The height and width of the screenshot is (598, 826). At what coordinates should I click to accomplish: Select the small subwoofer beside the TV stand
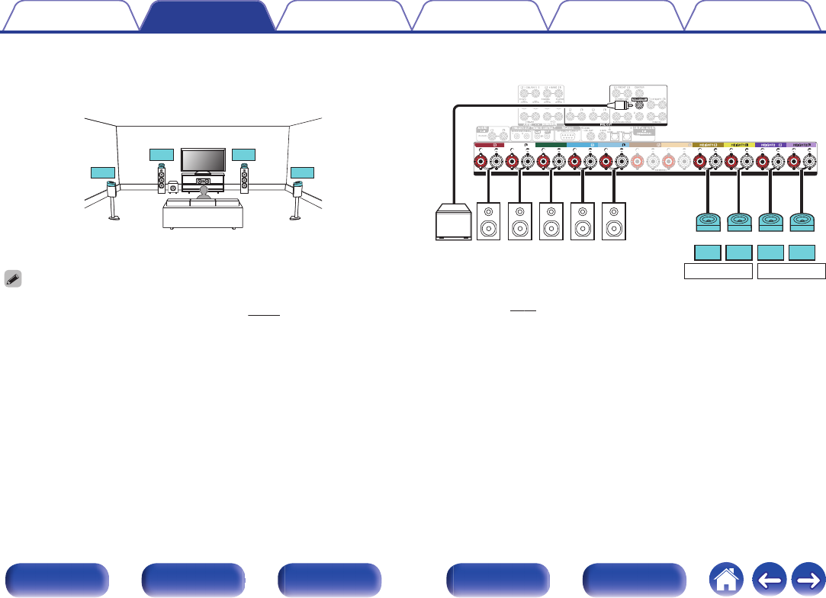[174, 185]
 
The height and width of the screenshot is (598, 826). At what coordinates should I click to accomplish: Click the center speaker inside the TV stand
[203, 182]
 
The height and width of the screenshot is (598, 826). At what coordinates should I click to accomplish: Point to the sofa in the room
[202, 214]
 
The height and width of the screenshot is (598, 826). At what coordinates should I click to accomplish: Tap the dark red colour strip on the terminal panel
[489, 144]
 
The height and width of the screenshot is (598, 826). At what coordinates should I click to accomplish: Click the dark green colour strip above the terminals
[551, 144]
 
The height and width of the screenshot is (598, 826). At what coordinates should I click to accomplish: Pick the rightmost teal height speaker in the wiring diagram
[802, 222]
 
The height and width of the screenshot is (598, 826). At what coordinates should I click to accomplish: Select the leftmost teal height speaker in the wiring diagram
[709, 222]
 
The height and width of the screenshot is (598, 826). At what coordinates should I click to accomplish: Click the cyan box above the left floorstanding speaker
[162, 156]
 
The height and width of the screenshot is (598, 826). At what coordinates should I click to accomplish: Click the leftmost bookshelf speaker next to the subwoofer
[487, 221]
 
